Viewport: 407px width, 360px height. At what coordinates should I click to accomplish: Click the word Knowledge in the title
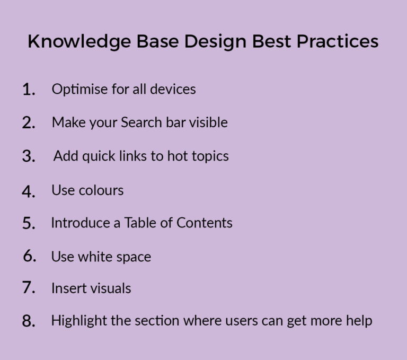click(x=79, y=41)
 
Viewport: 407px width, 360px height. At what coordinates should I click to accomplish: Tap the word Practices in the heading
click(x=338, y=41)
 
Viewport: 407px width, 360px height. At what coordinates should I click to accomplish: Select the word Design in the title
click(x=215, y=41)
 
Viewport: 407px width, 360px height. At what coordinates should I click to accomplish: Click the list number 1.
click(x=29, y=90)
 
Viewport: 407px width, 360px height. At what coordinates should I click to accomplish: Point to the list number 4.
click(x=29, y=191)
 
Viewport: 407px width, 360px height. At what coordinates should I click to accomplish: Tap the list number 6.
click(x=29, y=256)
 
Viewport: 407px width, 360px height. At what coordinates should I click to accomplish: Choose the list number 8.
click(x=29, y=321)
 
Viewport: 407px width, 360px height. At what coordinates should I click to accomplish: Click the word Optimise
click(x=79, y=90)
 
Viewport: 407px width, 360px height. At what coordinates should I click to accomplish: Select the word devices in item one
click(x=173, y=89)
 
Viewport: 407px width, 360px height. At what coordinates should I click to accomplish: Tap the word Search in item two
click(x=141, y=122)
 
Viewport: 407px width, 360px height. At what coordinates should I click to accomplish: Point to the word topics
click(x=210, y=156)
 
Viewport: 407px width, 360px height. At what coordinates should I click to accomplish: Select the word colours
click(x=101, y=190)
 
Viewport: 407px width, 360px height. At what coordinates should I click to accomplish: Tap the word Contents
click(x=205, y=223)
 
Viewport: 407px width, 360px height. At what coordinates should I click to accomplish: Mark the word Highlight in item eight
click(x=79, y=321)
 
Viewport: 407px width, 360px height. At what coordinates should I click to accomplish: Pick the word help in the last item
click(x=359, y=321)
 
